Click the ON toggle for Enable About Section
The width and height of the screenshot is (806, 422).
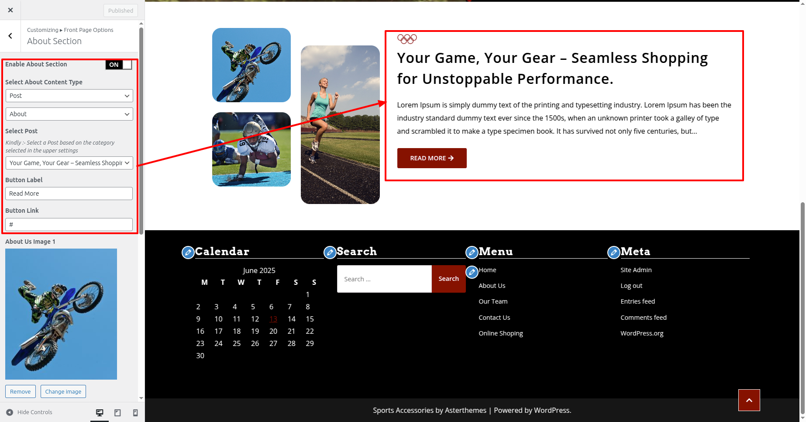[118, 65]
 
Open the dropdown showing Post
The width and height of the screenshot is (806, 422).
[69, 96]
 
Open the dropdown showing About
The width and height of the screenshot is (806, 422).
[69, 114]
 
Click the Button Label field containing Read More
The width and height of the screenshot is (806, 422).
[69, 194]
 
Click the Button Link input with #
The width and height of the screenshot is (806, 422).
[69, 225]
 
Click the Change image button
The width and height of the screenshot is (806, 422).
[63, 391]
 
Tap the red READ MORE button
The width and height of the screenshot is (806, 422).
[432, 158]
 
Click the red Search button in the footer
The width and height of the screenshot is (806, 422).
[448, 279]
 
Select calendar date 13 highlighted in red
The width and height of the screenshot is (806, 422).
[273, 319]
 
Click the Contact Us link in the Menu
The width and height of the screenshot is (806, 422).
[494, 318]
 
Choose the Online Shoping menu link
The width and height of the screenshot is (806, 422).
[501, 333]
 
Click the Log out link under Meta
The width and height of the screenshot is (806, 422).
[631, 286]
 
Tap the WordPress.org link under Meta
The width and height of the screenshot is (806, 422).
[642, 333]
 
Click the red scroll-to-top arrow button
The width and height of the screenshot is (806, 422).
[749, 400]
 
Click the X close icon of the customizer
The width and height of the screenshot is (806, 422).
[10, 10]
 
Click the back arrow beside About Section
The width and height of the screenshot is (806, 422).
[10, 36]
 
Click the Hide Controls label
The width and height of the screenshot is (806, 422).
[35, 412]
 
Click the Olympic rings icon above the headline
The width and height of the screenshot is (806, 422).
[407, 39]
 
